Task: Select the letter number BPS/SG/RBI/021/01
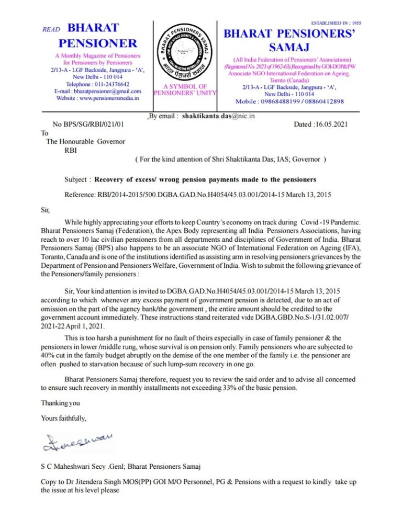pos(94,125)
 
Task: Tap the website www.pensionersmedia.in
pos(110,98)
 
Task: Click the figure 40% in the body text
pos(48,354)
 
